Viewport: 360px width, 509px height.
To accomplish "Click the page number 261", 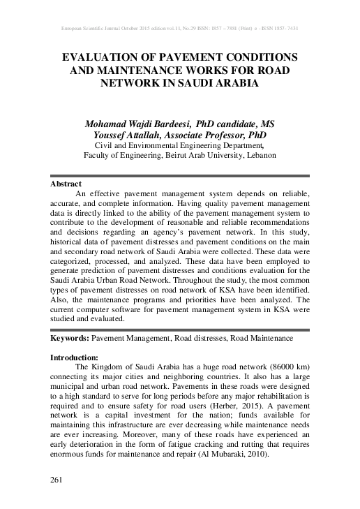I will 58,480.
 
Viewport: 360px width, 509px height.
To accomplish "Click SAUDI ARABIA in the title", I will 217,82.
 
